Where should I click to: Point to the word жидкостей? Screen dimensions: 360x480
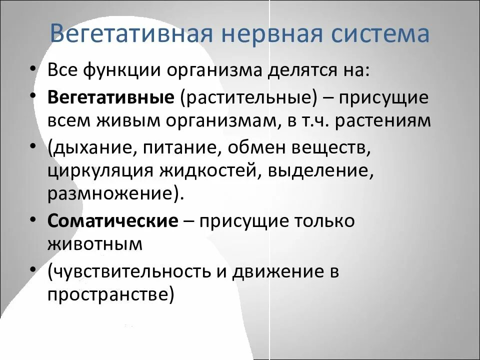[209, 171]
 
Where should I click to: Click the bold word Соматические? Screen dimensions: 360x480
[113, 221]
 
